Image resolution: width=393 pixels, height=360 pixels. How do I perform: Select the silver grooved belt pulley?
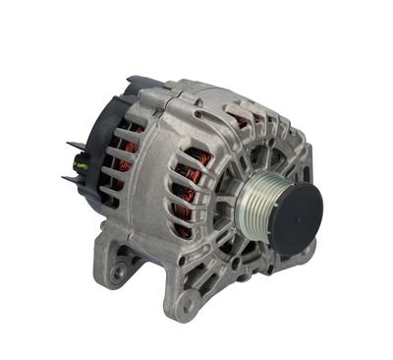click(257, 201)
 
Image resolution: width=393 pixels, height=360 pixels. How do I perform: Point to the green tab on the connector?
click(82, 164)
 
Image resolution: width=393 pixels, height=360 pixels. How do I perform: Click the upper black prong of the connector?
click(76, 148)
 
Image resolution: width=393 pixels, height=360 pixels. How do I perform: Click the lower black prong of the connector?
click(71, 179)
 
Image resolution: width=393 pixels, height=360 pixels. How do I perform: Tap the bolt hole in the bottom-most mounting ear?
click(184, 306)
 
